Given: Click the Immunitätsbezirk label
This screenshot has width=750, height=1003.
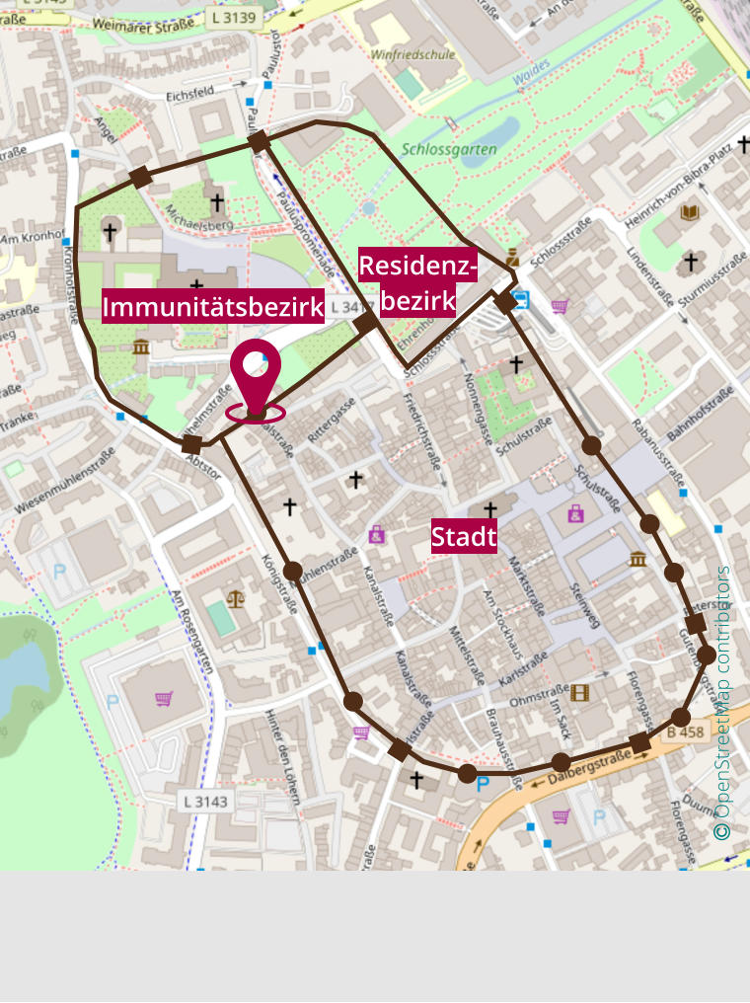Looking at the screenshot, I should [x=213, y=307].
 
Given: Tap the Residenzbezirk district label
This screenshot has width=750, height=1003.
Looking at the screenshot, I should [x=417, y=283].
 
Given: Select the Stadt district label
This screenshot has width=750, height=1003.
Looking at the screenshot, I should [x=464, y=537].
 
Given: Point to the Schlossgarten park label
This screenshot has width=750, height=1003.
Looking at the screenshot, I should [x=449, y=149].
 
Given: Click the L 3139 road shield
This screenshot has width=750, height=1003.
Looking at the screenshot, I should [x=233, y=17].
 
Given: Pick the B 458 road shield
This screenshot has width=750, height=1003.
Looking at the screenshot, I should [x=684, y=733].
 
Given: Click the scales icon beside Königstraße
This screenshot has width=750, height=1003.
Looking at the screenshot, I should [x=235, y=598].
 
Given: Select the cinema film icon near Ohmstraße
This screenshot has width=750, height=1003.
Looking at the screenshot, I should [x=579, y=692].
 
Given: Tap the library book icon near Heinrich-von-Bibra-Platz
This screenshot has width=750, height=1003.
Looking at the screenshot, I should [x=690, y=213].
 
